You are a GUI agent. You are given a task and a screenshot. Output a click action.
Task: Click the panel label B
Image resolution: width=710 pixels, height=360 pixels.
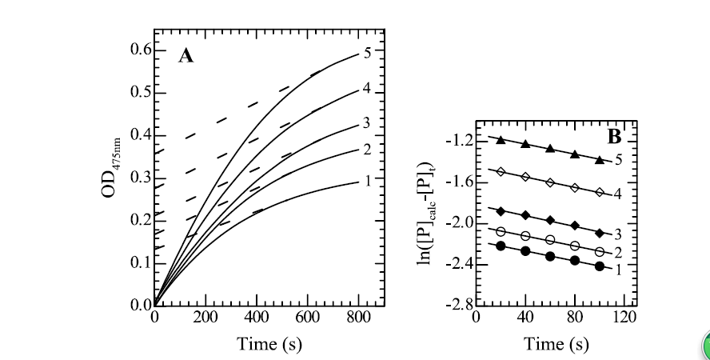615,137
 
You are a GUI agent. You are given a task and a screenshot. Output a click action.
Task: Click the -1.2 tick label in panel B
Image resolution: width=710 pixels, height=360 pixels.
459,142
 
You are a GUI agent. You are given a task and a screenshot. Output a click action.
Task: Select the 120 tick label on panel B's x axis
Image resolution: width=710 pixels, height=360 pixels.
624,318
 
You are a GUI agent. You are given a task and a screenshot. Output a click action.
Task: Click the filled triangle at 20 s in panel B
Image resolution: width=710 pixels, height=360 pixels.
501,140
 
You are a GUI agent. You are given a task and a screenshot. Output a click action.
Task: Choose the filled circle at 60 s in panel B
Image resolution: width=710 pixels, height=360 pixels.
551,257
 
